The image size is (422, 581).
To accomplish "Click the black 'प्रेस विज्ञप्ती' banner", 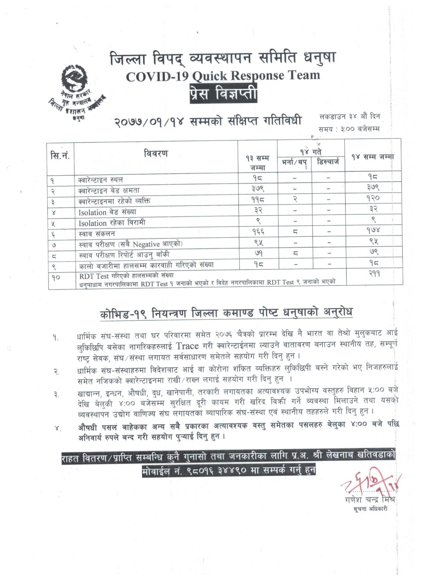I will (x=223, y=95).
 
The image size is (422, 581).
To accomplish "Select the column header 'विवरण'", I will (x=156, y=154).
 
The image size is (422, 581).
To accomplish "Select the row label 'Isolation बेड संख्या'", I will (x=107, y=212).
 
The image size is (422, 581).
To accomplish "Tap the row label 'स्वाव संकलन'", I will (x=97, y=234).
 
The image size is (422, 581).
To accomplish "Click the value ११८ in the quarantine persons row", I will (x=258, y=200).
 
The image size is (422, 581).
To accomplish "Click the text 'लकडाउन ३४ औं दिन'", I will (x=350, y=117).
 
